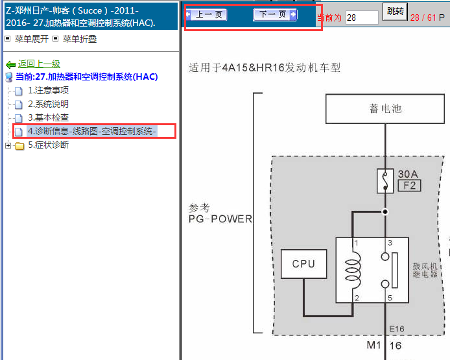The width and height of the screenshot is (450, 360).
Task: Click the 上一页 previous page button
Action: pos(206,15)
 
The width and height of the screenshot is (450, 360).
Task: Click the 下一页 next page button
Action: pos(275,15)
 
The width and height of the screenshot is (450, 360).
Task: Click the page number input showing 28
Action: pos(362,18)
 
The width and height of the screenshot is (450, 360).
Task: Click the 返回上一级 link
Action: pos(39,64)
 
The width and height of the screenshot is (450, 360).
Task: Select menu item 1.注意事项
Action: pos(48,90)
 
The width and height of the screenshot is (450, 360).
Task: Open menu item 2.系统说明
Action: pos(48,104)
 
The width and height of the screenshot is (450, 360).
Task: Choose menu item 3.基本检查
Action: pos(48,117)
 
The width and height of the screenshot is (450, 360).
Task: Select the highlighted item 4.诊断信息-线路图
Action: pos(92,131)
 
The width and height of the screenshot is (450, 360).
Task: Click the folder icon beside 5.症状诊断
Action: pos(19,146)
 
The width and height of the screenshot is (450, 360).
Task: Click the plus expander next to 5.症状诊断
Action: pos(8,146)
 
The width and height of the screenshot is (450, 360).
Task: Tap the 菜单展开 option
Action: pos(32,39)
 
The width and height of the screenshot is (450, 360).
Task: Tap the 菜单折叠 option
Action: pos(80,39)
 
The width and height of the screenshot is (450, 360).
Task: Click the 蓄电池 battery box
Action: pos(385,109)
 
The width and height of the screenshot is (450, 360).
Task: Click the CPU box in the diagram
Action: pos(304,264)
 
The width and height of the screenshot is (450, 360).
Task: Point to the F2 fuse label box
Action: pos(410,186)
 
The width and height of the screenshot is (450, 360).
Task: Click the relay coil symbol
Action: pos(353,270)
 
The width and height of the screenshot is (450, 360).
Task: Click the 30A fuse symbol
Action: pos(385,181)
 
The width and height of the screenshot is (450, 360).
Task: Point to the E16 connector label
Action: pos(397,329)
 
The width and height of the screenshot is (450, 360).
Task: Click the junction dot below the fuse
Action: pos(385,212)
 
